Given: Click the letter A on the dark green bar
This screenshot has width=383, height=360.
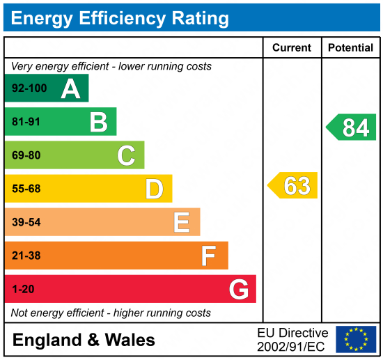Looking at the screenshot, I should click(70, 88).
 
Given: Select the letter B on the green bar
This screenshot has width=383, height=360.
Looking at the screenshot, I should click(98, 122).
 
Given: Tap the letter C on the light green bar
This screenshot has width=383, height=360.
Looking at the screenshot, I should click(126, 155).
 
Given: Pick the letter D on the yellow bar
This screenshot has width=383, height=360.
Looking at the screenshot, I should click(154, 189).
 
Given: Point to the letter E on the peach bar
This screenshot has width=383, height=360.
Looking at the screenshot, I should click(182, 222).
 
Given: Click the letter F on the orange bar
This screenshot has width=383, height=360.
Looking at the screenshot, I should click(209, 256).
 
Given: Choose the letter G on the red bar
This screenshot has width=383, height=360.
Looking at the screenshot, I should click(239, 289).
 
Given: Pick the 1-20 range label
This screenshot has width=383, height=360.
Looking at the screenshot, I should click(22, 289).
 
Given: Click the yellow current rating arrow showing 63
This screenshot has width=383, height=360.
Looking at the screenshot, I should click(293, 186).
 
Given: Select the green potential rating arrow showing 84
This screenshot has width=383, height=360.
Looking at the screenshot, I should click(352, 127).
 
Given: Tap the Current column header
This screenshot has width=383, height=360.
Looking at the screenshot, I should click(292, 48).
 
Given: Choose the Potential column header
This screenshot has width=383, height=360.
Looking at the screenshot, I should click(350, 48).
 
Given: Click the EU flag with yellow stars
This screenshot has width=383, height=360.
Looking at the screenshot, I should click(356, 339).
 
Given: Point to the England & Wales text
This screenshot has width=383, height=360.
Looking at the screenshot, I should click(84, 340).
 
